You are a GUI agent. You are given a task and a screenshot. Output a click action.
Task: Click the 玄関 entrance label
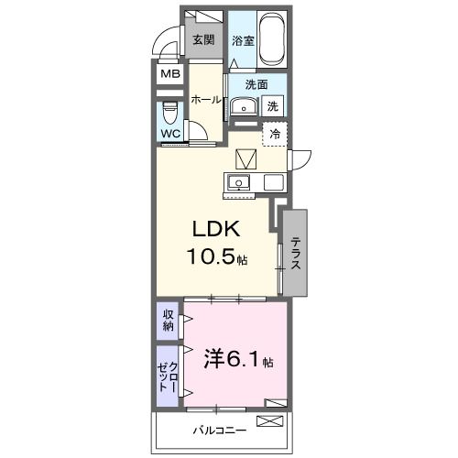coord(202,39)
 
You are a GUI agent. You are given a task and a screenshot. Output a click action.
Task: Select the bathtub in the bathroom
coord(273,38)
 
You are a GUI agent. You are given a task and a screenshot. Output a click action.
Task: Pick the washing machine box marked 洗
coord(274,105)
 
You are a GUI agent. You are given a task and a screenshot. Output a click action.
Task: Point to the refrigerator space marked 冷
coord(275,134)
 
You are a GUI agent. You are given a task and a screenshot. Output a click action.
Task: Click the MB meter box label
coord(170,75)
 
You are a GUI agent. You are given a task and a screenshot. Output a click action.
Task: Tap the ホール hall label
coord(205,100)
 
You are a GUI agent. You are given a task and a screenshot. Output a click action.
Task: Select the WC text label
coord(170,134)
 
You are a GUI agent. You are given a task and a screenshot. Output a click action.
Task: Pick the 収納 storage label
coord(169,321)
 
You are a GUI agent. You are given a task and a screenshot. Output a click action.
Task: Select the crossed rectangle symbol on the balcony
coord(271,421)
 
